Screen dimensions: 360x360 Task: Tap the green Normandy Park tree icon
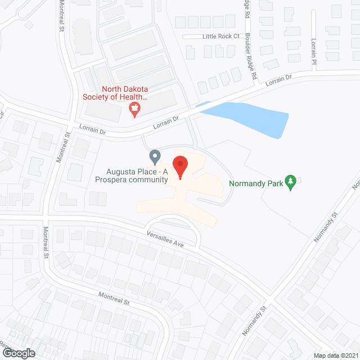coord(291,183)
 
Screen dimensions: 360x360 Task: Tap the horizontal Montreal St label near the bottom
coord(114,298)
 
